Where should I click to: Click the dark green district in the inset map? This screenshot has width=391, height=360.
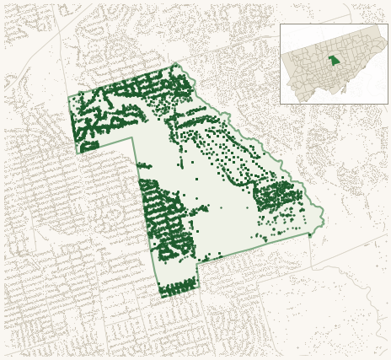(335, 61)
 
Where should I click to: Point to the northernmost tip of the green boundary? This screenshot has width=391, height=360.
(176, 63)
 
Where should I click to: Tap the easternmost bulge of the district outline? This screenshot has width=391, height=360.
(324, 221)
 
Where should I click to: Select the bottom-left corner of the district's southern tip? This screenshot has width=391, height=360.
(162, 298)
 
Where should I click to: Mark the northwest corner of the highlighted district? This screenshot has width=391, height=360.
(69, 97)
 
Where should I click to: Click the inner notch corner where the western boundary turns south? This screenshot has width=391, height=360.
(133, 138)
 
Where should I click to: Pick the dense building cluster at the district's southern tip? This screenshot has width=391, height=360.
(179, 289)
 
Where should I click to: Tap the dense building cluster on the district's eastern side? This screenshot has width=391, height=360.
(278, 197)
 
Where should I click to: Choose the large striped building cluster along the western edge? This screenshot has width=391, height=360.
(164, 219)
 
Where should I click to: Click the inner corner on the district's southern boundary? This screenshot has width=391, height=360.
(198, 263)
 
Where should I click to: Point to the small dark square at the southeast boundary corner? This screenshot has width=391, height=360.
(309, 234)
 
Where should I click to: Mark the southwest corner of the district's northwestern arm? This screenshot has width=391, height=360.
(78, 153)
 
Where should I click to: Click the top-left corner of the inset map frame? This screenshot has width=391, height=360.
(281, 24)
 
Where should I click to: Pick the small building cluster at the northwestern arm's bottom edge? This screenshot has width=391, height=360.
(88, 147)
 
